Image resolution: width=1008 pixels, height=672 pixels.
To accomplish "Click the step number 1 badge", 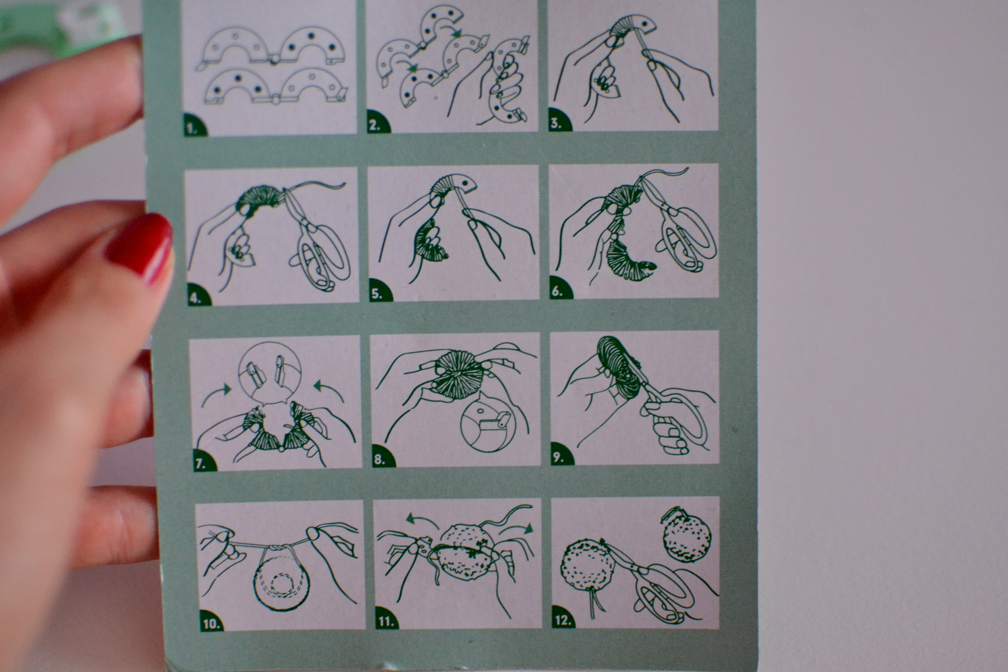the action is (x=194, y=125).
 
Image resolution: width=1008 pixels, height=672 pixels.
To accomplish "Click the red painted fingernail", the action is (x=141, y=247).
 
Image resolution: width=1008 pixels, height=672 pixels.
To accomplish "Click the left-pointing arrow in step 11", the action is (x=422, y=521).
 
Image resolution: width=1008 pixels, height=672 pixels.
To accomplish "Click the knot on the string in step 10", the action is (x=278, y=549).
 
